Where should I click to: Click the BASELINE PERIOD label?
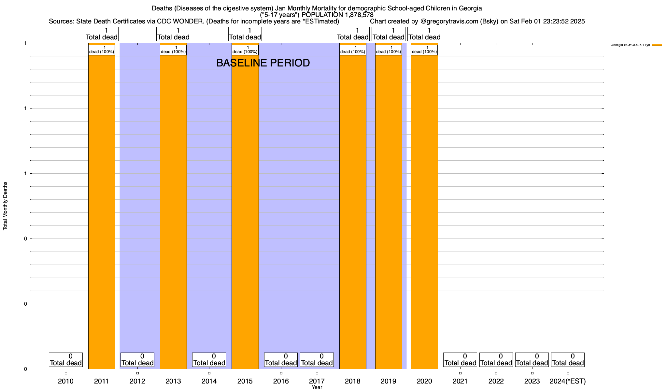(263, 63)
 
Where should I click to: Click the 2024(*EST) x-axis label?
(568, 381)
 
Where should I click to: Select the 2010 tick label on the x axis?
(66, 381)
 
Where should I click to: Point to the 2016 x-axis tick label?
(281, 381)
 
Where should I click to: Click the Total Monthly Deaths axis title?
(5, 206)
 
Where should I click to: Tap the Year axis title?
(317, 387)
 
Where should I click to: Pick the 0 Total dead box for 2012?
(137, 360)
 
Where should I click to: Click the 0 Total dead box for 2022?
(496, 360)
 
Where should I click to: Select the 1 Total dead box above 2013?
(173, 34)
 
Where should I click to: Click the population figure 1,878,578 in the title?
(358, 15)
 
